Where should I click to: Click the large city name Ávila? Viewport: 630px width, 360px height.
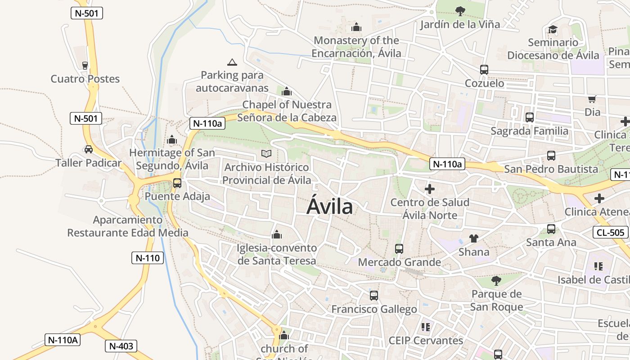pos(330,207)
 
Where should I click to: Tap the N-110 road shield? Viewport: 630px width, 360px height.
pos(148,258)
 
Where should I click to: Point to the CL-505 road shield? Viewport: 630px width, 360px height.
pos(611,232)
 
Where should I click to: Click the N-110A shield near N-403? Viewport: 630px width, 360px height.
pos(63,340)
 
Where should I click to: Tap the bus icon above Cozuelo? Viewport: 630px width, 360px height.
pos(484,70)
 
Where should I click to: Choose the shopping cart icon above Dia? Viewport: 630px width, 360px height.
pos(592,99)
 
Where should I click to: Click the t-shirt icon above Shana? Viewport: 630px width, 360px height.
pos(473,238)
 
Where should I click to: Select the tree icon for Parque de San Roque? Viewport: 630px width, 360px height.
pos(496,281)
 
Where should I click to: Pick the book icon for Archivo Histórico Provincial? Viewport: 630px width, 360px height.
pos(266,154)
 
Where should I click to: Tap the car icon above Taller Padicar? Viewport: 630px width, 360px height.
pos(89,149)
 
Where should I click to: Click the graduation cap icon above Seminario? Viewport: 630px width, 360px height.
pos(553,30)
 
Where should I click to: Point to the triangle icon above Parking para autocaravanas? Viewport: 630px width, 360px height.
pos(232,62)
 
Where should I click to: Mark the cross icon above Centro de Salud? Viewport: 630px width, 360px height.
pos(430,189)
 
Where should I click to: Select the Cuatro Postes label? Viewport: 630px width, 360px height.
pos(85,79)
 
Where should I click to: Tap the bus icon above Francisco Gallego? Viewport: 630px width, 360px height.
pos(374,296)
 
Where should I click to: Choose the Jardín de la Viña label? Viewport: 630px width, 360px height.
pos(460,24)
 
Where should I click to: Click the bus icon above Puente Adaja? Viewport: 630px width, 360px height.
pos(177,183)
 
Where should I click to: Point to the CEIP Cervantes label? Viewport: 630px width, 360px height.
pos(426,340)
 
